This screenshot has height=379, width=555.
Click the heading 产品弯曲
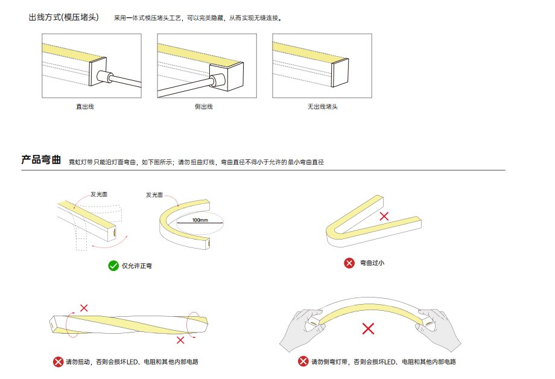tap(41, 160)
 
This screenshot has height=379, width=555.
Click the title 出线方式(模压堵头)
tap(64, 18)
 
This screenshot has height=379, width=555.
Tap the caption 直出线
tap(85, 107)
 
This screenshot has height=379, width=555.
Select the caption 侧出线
tap(203, 107)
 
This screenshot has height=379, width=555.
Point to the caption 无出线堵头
tap(323, 107)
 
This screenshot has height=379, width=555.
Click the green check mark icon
tap(113, 266)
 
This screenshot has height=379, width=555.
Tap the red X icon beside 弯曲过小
tap(349, 263)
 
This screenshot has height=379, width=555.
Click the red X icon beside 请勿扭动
tap(58, 361)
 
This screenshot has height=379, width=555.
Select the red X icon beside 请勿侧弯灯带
tap(303, 361)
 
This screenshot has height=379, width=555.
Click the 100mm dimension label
tap(200, 220)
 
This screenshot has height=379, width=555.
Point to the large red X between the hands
tap(368, 329)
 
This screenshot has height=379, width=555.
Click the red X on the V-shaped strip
tap(384, 216)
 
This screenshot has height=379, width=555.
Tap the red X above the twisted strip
tap(84, 308)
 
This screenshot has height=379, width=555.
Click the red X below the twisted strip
tap(180, 340)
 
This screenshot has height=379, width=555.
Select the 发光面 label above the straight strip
tap(99, 194)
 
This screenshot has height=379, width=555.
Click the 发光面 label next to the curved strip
tap(154, 195)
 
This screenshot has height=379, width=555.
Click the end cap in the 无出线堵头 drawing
tap(340, 72)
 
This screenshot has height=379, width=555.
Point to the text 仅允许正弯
tap(136, 266)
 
